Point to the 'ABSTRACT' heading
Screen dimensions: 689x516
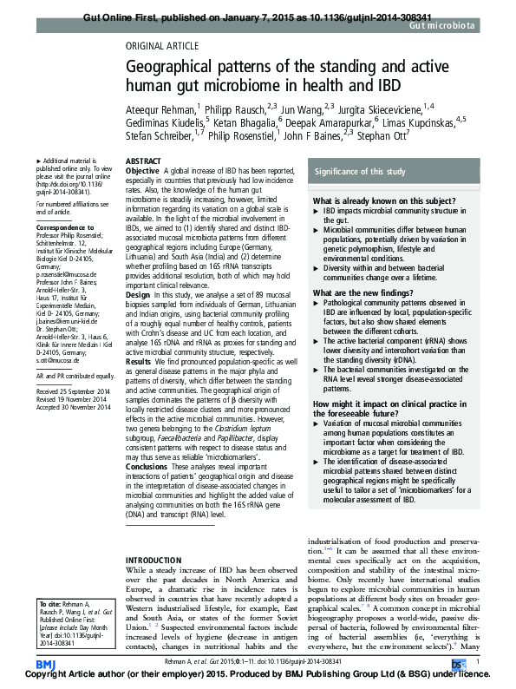(x=142, y=162)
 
